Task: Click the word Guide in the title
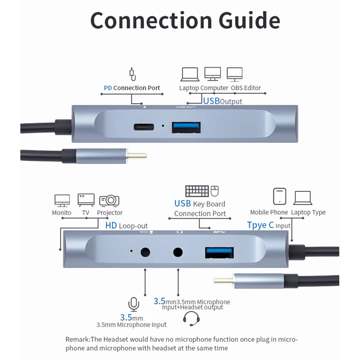coord(250,20)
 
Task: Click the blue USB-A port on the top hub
coord(186,128)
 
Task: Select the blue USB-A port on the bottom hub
coord(219,253)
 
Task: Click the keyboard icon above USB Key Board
coord(197,191)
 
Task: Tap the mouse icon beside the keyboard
coord(215,191)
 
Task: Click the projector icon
coord(109,200)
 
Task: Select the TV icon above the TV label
coord(86,200)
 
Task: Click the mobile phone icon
coord(279,196)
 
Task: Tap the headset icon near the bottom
coord(191,318)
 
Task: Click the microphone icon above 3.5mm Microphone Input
coord(133,304)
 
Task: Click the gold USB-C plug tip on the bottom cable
coord(223,280)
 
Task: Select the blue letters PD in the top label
coord(108,88)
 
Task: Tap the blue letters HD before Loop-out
coord(111,226)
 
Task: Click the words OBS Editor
coord(246,88)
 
